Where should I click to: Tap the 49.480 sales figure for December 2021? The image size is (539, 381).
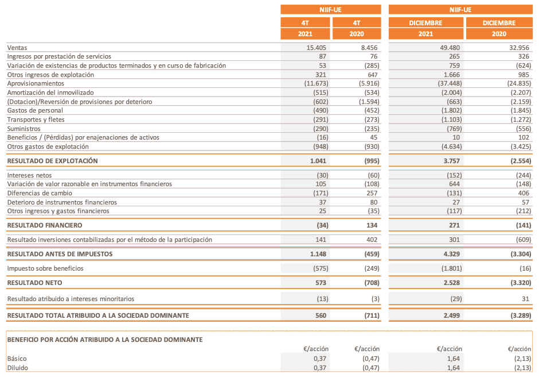448,48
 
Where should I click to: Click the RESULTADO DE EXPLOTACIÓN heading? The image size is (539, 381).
52,161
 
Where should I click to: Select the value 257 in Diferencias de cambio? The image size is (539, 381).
373,193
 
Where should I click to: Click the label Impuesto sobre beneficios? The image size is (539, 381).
45,268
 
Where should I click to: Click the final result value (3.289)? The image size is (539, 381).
520,315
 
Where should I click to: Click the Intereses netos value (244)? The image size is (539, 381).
521,175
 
